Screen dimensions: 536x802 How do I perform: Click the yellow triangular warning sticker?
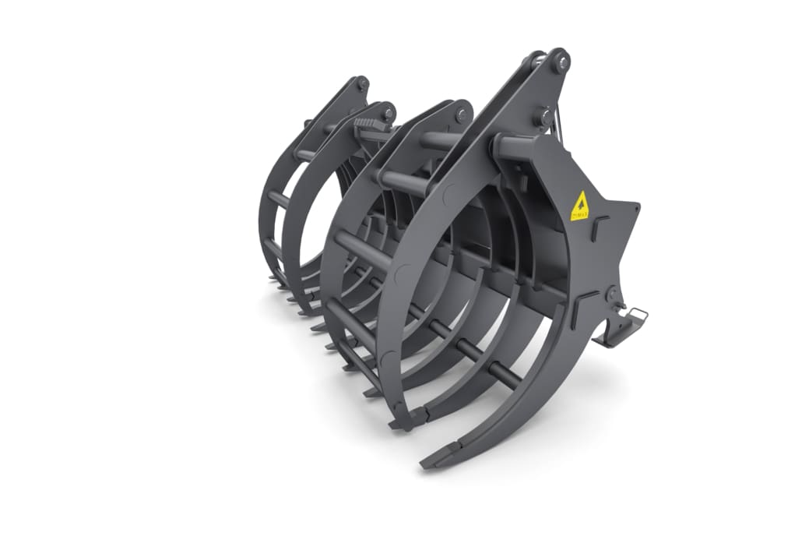[579, 207]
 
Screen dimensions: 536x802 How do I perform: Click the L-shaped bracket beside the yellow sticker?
[599, 228]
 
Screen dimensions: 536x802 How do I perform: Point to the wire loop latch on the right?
[637, 314]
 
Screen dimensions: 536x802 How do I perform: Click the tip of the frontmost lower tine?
[431, 463]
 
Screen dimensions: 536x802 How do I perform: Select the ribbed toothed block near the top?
[370, 125]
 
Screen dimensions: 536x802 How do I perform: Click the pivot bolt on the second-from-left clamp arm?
[387, 112]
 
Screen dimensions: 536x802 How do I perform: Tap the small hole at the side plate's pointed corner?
[633, 208]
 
